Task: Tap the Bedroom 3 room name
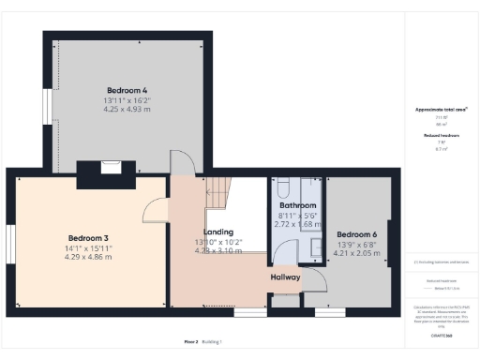tap(88, 237)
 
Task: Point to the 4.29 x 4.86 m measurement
tap(88, 256)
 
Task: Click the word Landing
tap(217, 232)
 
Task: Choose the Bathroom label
tap(297, 205)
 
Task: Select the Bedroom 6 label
tap(356, 233)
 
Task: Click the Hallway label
tap(286, 277)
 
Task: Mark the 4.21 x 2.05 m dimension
tap(356, 252)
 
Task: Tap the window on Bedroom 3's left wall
tap(9, 242)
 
